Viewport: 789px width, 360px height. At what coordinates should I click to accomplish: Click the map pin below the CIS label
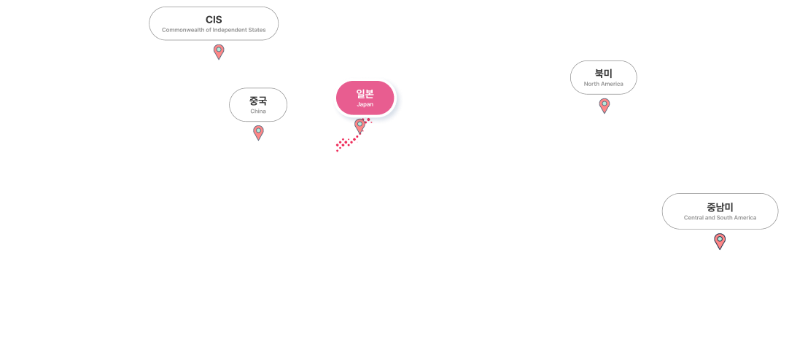[x=219, y=51]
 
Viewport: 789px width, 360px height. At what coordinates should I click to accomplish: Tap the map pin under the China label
[x=258, y=132]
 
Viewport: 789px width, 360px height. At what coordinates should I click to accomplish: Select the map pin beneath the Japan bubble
[x=359, y=125]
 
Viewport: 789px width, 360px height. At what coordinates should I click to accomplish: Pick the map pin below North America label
[x=604, y=105]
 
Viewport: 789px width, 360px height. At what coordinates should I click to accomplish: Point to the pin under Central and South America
[x=720, y=240]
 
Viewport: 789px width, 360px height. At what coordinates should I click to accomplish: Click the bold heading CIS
[x=214, y=20]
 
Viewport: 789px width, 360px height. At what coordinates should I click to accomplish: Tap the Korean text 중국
[x=258, y=101]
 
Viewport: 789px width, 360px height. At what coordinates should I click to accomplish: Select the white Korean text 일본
[x=365, y=93]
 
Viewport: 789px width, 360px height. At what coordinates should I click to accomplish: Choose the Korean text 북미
[x=603, y=73]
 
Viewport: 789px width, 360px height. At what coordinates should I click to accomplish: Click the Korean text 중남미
[x=720, y=206]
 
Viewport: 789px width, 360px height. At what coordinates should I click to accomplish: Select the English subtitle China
[x=258, y=111]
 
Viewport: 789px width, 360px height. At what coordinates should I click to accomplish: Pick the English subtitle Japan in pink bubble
[x=365, y=104]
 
